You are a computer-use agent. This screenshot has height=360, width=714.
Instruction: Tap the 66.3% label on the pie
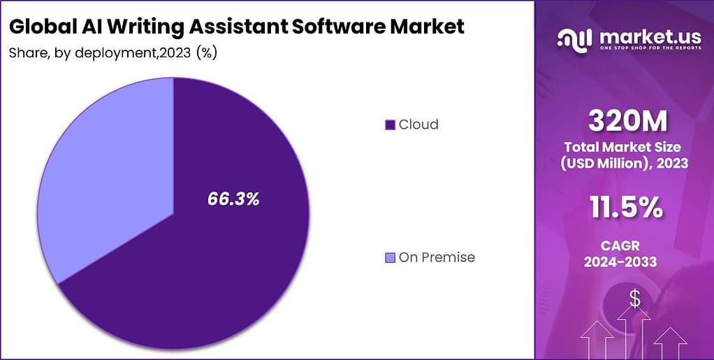click(233, 199)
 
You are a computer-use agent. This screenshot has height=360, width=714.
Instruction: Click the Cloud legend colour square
click(390, 125)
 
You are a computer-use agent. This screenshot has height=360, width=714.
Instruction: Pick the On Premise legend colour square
click(390, 258)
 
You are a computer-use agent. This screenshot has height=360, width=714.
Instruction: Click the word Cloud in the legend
click(418, 125)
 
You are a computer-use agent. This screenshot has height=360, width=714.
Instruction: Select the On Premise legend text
click(437, 257)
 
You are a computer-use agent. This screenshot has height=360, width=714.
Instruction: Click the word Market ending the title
click(430, 27)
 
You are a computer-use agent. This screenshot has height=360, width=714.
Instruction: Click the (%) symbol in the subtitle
click(207, 53)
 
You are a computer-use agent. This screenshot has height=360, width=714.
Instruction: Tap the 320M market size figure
click(627, 122)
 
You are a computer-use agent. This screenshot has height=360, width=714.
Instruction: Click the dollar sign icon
click(634, 298)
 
